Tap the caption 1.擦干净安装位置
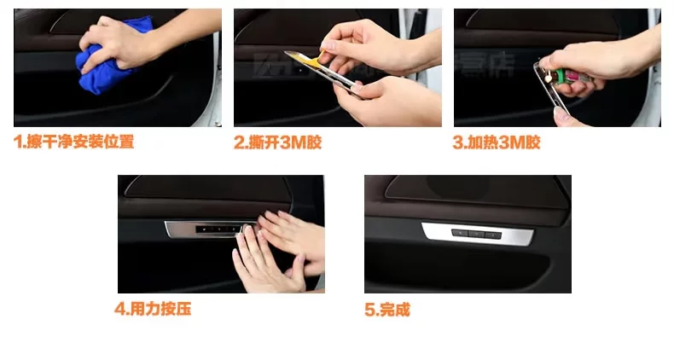coord(74,142)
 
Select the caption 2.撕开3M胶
coord(277,142)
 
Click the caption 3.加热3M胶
coord(497,142)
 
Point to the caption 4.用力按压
coord(153,309)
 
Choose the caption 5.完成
coord(387,310)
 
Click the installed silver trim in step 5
coord(478,234)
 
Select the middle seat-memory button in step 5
coord(476,234)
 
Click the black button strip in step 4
coord(217,229)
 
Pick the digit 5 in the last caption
coord(369,310)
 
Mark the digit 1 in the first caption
coord(18,142)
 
